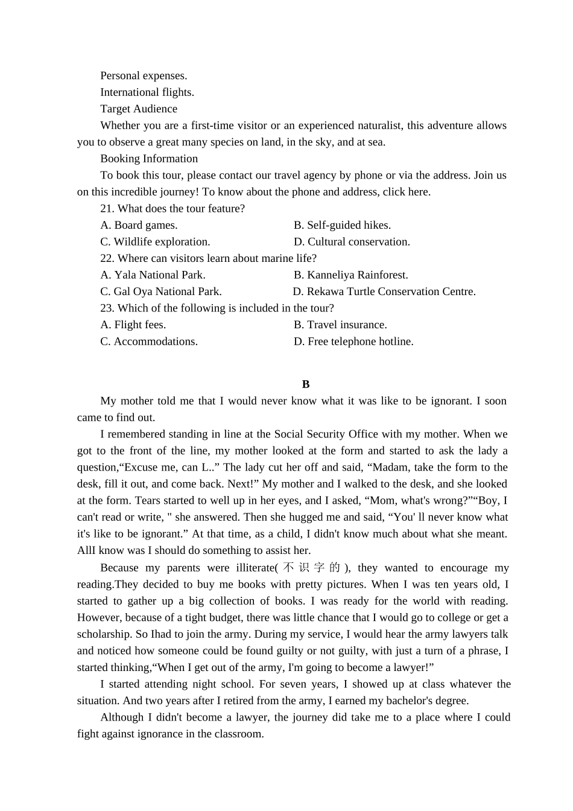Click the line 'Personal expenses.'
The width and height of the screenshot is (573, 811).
pos(144,75)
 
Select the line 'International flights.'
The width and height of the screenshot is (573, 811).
pos(147,92)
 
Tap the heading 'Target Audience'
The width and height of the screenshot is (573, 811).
pos(139,109)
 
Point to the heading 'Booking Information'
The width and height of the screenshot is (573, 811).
pos(149,159)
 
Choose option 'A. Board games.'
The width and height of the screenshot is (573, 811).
pos(139,225)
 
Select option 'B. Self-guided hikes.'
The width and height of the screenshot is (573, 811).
pos(342,225)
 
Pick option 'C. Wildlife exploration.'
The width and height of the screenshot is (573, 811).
pos(155,242)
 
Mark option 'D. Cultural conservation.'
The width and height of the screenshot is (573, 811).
pos(352,242)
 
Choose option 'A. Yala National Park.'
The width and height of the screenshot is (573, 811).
pos(153,275)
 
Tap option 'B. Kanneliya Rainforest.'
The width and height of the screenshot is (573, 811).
pos(350,275)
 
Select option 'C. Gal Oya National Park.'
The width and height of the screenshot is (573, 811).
pos(161,291)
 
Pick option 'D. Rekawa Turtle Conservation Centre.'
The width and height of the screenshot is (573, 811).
pos(384,291)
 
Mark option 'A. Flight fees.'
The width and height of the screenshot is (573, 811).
pos(133,325)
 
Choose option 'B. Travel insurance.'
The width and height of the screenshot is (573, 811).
pos(340,325)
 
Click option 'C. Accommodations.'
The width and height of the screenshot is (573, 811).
pos(149,342)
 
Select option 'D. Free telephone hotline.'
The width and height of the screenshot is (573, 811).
pos(353,342)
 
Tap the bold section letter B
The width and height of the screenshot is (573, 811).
pos(306,384)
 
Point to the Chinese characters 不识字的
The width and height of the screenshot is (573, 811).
pos(311,568)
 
